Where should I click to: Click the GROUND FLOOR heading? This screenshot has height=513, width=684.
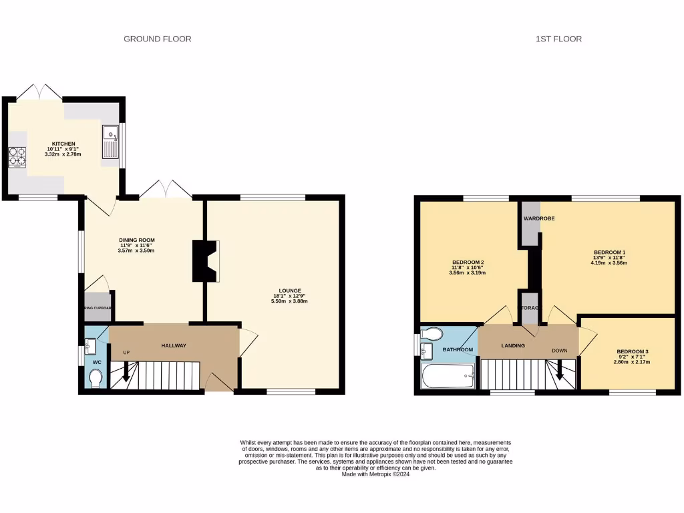158,39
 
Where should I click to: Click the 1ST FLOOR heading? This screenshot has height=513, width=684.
558,39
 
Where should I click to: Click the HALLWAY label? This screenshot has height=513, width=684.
174,345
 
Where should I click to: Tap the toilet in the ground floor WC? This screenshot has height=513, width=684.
95,379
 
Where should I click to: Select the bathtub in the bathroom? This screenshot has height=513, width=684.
448,377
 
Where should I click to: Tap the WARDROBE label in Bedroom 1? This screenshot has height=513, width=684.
540,218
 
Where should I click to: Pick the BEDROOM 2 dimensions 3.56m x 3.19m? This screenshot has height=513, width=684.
466,273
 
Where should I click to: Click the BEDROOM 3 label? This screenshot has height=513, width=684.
633,351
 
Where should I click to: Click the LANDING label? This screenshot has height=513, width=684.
513,345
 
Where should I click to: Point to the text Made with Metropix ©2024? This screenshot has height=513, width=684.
375,475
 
